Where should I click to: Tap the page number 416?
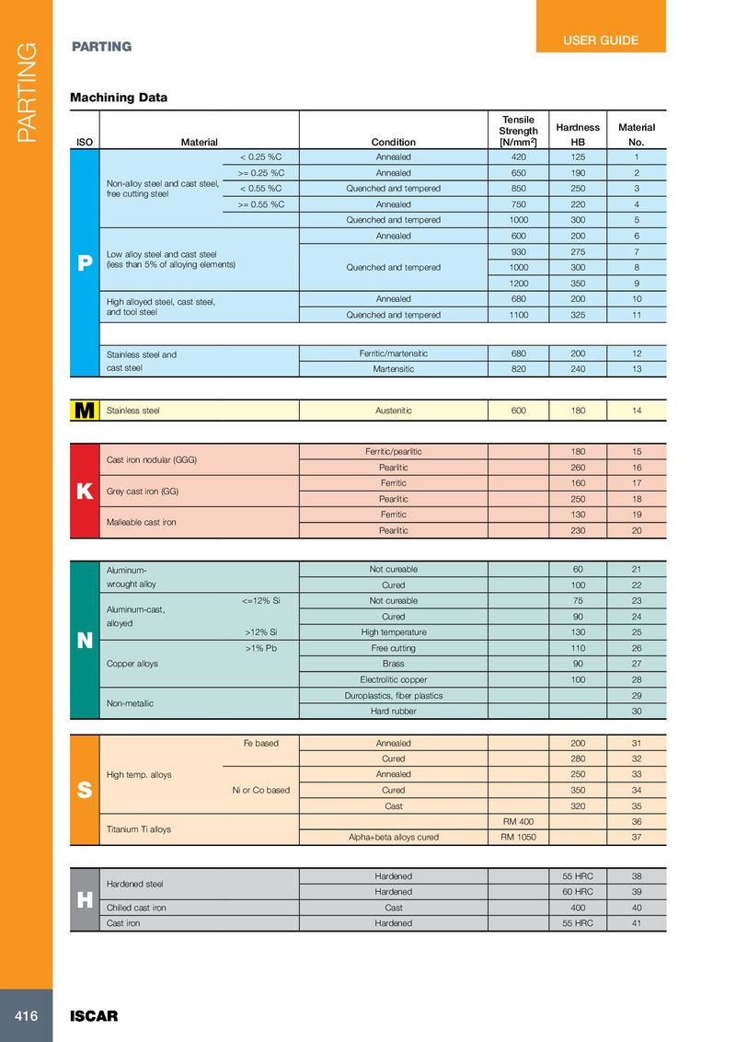click(x=26, y=1016)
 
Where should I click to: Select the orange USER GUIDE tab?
click(x=600, y=41)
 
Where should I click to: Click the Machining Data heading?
click(x=119, y=97)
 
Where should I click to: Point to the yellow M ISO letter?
click(x=85, y=411)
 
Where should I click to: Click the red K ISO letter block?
click(x=85, y=492)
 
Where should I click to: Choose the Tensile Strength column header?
click(x=519, y=131)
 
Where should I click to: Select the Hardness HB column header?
click(x=578, y=134)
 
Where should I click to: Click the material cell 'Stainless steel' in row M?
click(x=133, y=411)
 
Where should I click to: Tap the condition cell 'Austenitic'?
click(x=394, y=411)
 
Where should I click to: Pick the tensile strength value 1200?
click(x=519, y=284)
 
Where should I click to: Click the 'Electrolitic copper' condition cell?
click(x=394, y=679)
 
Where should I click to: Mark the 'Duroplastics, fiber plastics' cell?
click(x=394, y=695)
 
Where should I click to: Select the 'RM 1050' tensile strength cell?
click(x=519, y=838)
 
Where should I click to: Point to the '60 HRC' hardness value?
click(x=578, y=891)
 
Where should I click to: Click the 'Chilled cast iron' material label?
click(x=137, y=908)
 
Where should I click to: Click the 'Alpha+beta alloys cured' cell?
click(x=394, y=838)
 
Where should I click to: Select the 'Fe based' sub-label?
click(x=260, y=743)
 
